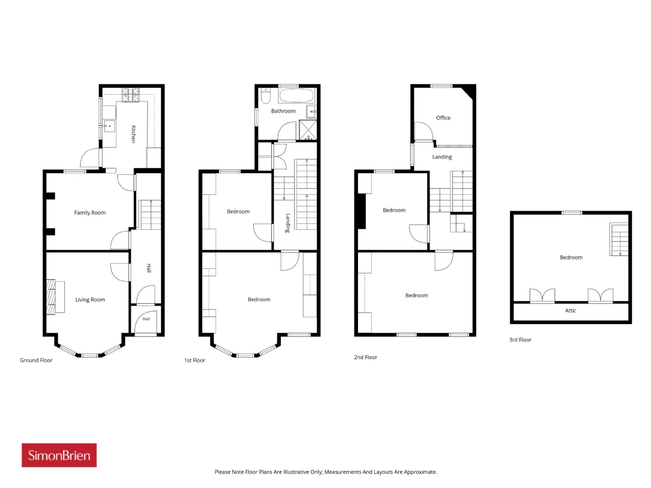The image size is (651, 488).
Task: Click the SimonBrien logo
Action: click(59, 455)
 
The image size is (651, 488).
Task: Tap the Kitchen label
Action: click(133, 134)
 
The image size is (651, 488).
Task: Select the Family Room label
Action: click(90, 213)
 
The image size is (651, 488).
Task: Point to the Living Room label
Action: click(90, 299)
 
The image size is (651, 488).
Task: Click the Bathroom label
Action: click(283, 111)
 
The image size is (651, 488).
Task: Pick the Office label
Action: click(443, 118)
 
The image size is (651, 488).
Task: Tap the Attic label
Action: click(570, 311)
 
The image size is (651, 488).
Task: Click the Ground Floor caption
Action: click(36, 360)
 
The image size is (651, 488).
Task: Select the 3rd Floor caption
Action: click(520, 340)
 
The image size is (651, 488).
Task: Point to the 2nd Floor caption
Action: click(365, 357)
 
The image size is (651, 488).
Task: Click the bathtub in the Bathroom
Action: click(297, 96)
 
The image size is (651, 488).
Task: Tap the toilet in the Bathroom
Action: click(265, 96)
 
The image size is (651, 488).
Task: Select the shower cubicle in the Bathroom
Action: click(308, 130)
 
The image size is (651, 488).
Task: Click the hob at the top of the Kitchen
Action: click(131, 95)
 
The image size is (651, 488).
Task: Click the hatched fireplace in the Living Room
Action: click(51, 296)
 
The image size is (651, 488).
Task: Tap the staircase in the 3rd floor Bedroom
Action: click(618, 239)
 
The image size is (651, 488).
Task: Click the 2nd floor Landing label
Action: click(442, 157)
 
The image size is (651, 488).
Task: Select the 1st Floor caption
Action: click(195, 360)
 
